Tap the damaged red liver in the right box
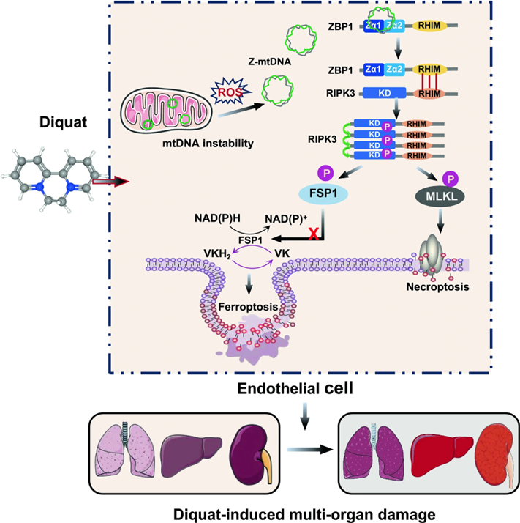pos(434,448)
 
